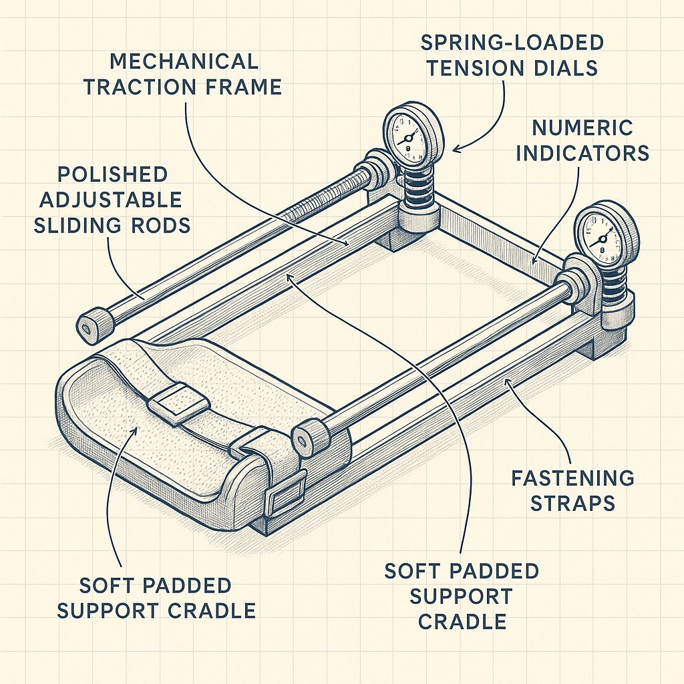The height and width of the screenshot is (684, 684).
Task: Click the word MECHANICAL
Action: (x=184, y=61)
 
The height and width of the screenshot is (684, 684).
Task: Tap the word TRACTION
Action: (x=136, y=88)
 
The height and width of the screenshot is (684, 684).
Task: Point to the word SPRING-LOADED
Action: (x=512, y=43)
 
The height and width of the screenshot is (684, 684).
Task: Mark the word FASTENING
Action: (x=572, y=478)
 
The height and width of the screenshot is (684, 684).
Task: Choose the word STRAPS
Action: (x=572, y=503)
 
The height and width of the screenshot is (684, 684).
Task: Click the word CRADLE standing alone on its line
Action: (x=462, y=622)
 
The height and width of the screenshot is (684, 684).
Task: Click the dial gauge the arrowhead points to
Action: (x=413, y=133)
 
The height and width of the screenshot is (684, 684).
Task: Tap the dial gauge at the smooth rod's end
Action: (x=606, y=235)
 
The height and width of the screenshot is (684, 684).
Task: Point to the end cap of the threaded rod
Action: (x=94, y=325)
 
